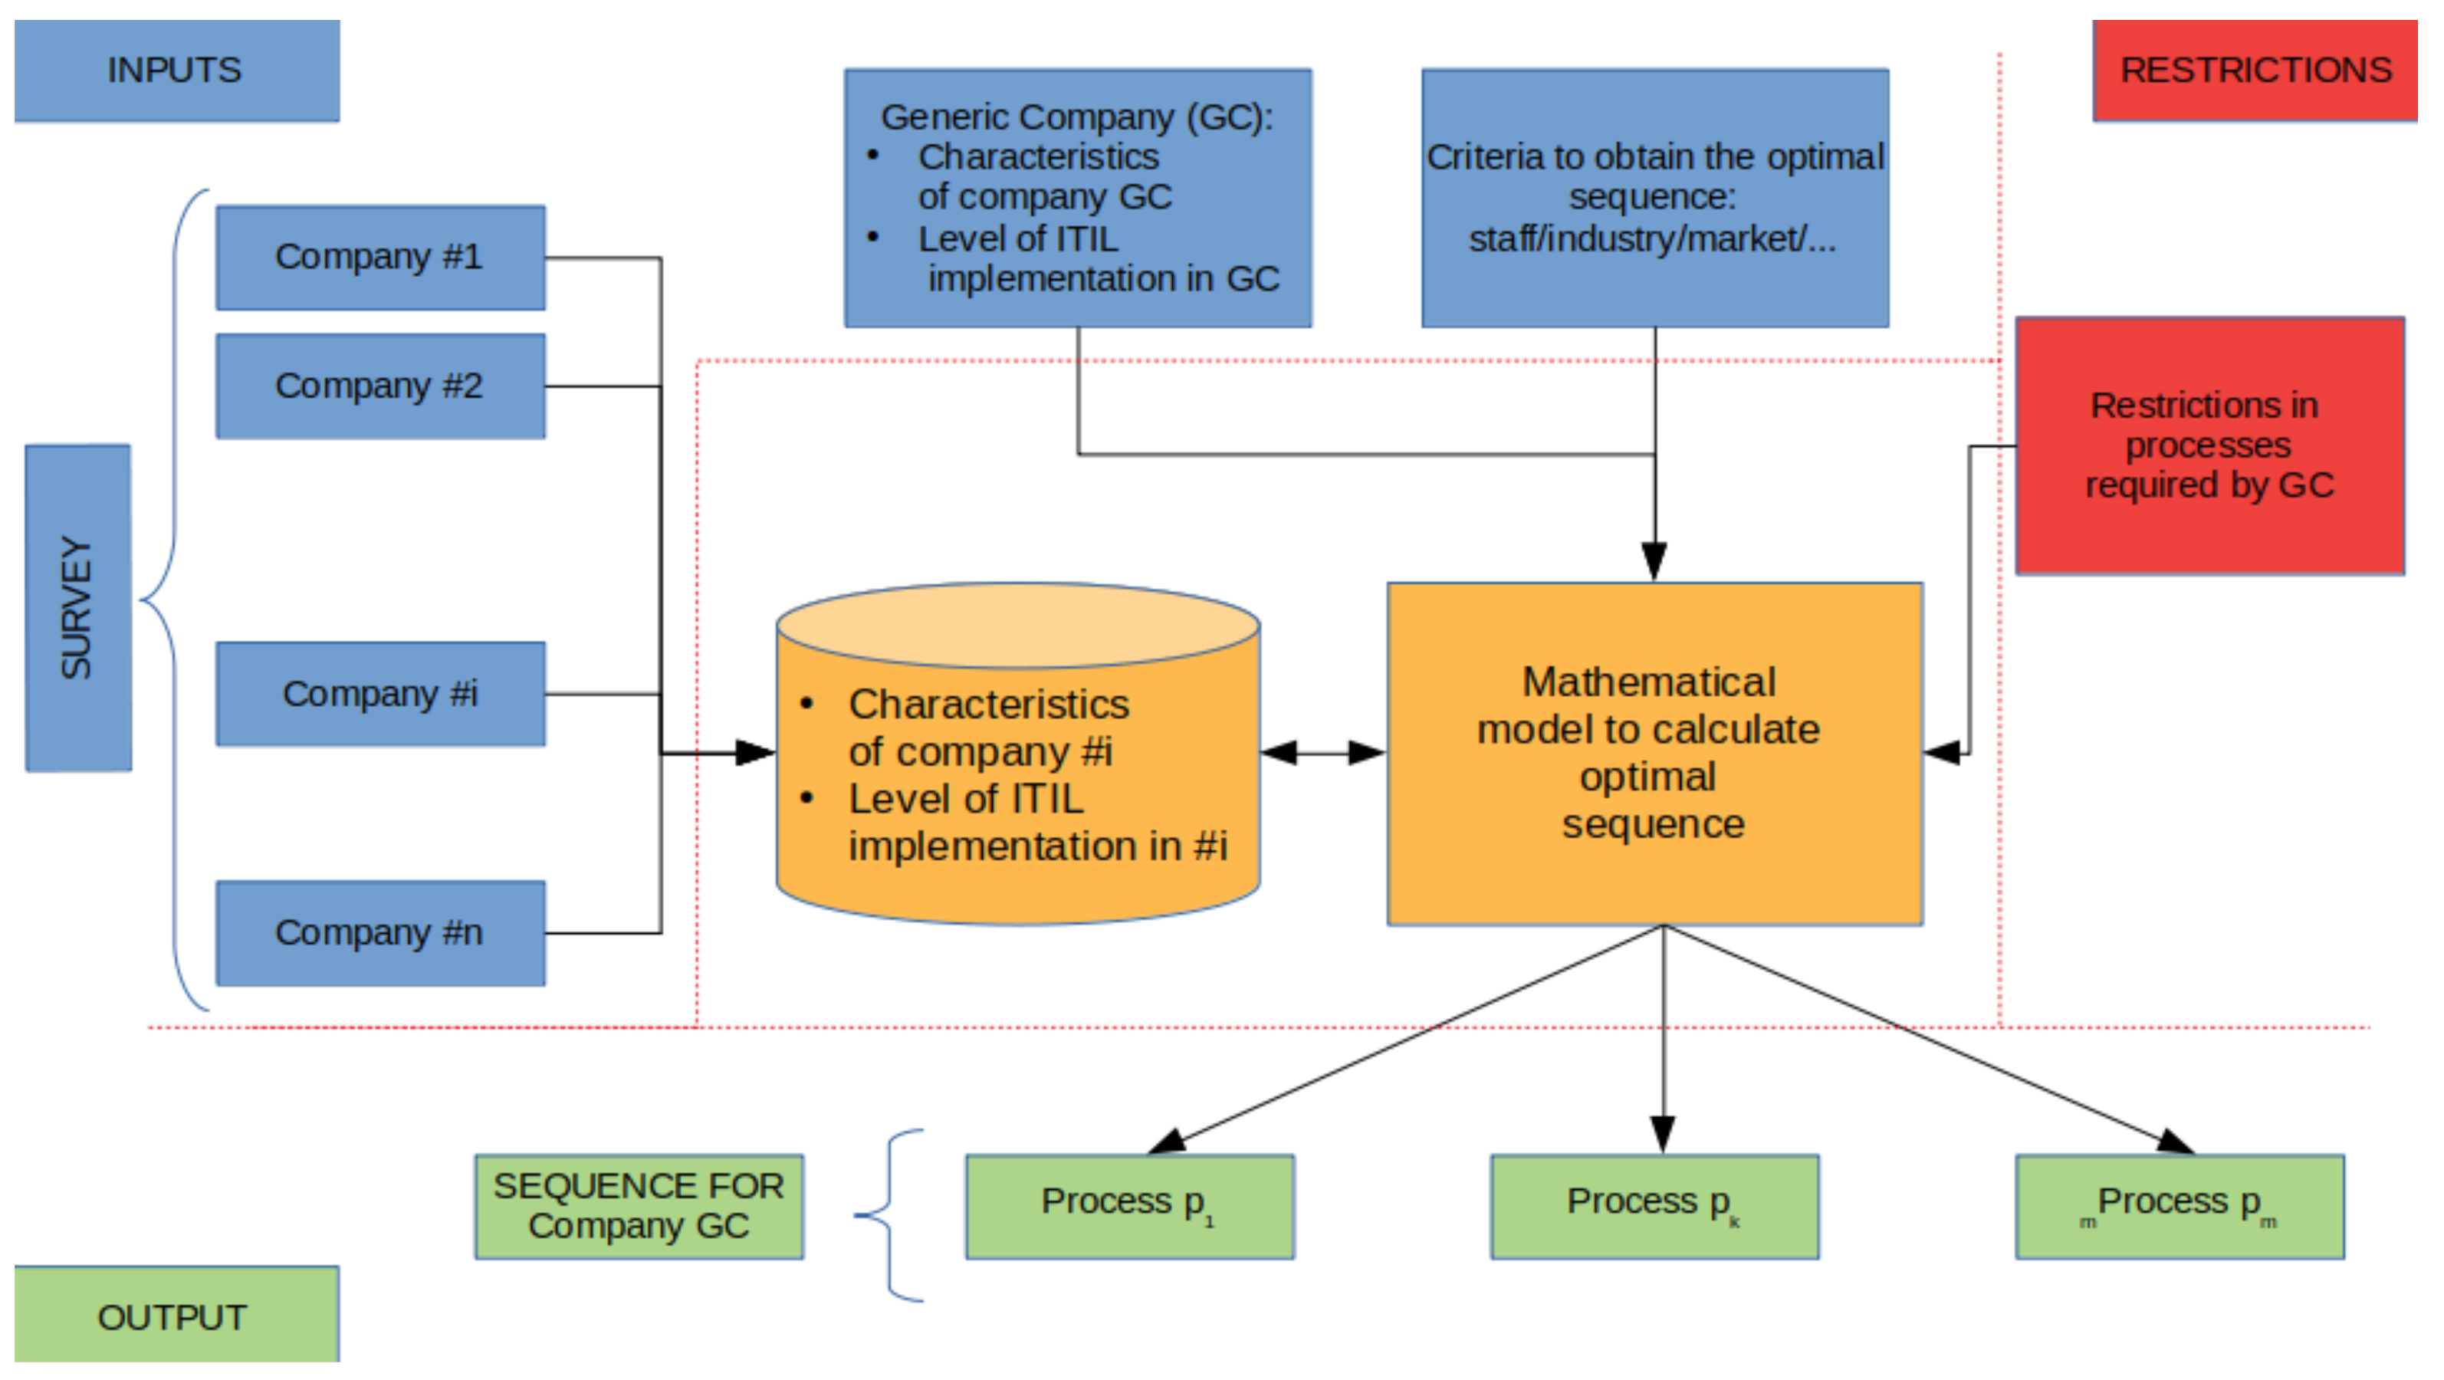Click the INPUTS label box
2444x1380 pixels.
[176, 71]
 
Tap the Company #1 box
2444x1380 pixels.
[379, 257]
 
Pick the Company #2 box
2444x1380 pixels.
[379, 386]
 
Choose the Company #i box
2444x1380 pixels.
[379, 694]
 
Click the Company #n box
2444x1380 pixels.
[379, 933]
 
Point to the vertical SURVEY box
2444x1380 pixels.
[77, 607]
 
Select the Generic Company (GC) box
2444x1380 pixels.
[1078, 199]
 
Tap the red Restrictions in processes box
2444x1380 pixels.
[2209, 445]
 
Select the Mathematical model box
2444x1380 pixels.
[1654, 754]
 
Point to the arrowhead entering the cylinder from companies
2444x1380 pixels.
[755, 754]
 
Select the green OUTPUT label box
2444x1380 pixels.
[176, 1316]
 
